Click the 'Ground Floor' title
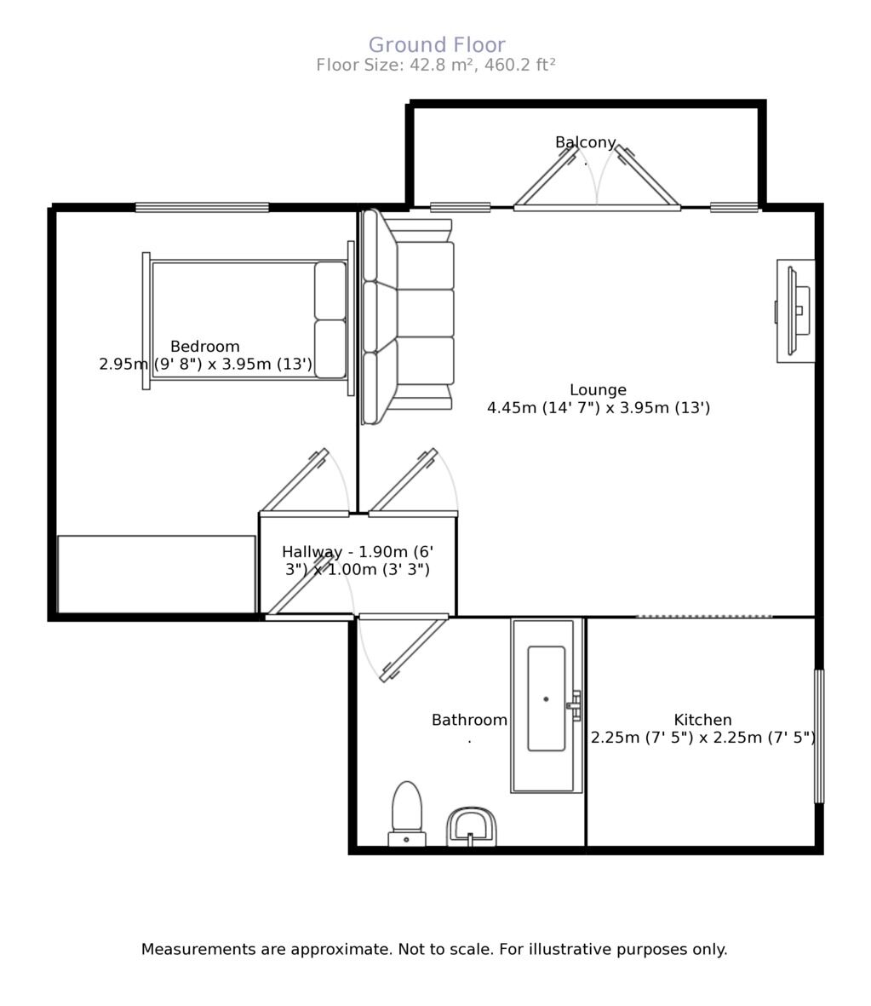(x=436, y=45)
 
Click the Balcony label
(x=585, y=142)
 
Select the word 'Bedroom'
(x=204, y=347)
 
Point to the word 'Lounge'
(x=598, y=390)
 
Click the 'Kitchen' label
(x=702, y=720)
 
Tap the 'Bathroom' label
(x=469, y=720)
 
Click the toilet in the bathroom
(x=407, y=813)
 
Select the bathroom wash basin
(x=472, y=826)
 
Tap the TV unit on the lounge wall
(x=795, y=311)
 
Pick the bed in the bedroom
(x=247, y=319)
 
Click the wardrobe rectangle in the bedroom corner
(x=157, y=573)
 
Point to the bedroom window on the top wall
(x=202, y=207)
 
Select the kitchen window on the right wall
(x=819, y=736)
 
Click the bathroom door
(x=413, y=647)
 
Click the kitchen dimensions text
(x=702, y=738)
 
